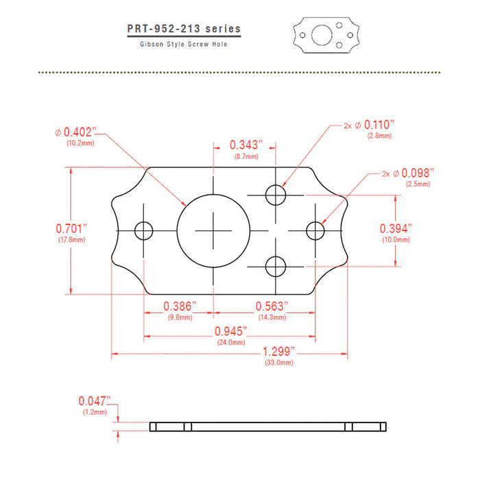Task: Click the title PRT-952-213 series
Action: pos(184,29)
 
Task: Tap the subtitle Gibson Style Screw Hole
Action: pos(183,44)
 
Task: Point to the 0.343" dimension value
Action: pos(246,145)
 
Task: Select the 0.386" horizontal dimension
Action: pos(180,305)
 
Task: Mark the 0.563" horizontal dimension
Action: pos(272,305)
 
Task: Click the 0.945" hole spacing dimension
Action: pos(230,331)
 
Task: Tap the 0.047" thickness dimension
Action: pos(94,401)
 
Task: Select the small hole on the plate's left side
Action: pos(144,230)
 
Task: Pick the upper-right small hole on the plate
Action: pos(276,195)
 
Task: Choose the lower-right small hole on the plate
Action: pos(276,265)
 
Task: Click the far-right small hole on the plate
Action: pos(315,230)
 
